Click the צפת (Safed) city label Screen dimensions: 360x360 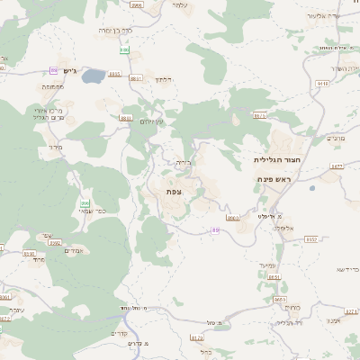[x=175, y=192]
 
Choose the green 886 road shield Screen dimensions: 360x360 [x=124, y=51]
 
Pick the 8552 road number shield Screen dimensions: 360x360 [x=310, y=239]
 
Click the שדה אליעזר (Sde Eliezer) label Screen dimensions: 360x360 [x=323, y=16]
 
